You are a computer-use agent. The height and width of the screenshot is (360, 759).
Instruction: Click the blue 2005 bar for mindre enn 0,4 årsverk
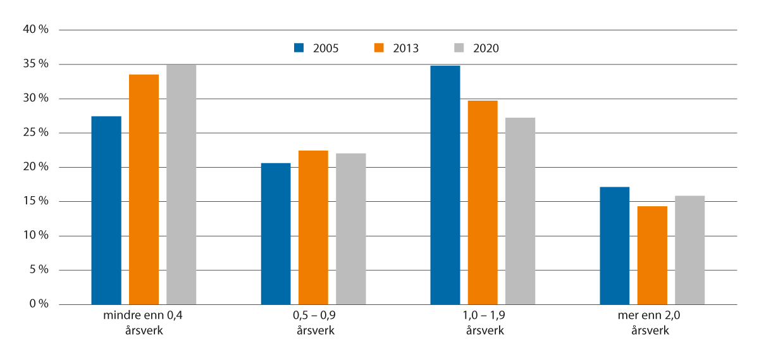pos(106,211)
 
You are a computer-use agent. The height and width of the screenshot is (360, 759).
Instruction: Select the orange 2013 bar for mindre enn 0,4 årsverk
pos(144,190)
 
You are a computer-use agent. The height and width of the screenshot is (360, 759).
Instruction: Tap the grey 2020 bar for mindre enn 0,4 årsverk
pos(181,185)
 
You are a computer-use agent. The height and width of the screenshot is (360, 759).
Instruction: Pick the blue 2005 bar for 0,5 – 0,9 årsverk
pos(276,234)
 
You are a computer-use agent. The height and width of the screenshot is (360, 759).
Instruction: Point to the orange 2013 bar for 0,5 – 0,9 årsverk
pos(313,228)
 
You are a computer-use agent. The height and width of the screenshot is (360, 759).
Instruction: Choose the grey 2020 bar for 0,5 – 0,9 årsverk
pos(350,229)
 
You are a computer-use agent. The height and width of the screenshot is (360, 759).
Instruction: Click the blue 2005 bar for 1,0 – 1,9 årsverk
pos(445,185)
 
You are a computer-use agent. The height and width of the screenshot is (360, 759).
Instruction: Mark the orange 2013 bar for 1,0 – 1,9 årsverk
pos(483,202)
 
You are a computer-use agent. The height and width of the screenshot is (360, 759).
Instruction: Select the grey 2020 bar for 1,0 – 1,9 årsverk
pos(520,211)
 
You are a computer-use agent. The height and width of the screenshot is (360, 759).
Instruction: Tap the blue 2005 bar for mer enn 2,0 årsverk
pos(614,246)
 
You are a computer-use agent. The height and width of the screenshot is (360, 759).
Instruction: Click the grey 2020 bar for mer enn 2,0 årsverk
pos(689,251)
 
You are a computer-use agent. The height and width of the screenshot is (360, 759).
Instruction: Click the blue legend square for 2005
pos(299,47)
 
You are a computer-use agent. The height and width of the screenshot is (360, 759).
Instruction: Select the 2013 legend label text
pos(405,48)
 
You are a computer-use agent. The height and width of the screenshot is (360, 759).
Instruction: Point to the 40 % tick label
pos(35,30)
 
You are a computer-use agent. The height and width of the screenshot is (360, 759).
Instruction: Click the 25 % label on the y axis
pos(35,133)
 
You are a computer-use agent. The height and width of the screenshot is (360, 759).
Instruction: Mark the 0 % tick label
pos(38,304)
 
